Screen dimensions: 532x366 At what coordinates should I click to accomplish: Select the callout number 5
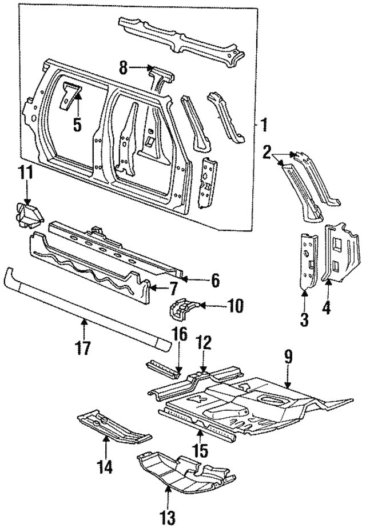tap(78, 123)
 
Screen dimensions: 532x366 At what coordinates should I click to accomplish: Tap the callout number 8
tap(123, 67)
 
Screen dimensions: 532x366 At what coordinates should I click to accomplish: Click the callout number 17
tap(84, 346)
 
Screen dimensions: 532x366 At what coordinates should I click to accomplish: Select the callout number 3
tap(304, 319)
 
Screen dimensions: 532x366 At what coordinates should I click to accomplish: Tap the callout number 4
tap(327, 307)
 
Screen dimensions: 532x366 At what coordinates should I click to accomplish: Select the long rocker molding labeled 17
tap(86, 307)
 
